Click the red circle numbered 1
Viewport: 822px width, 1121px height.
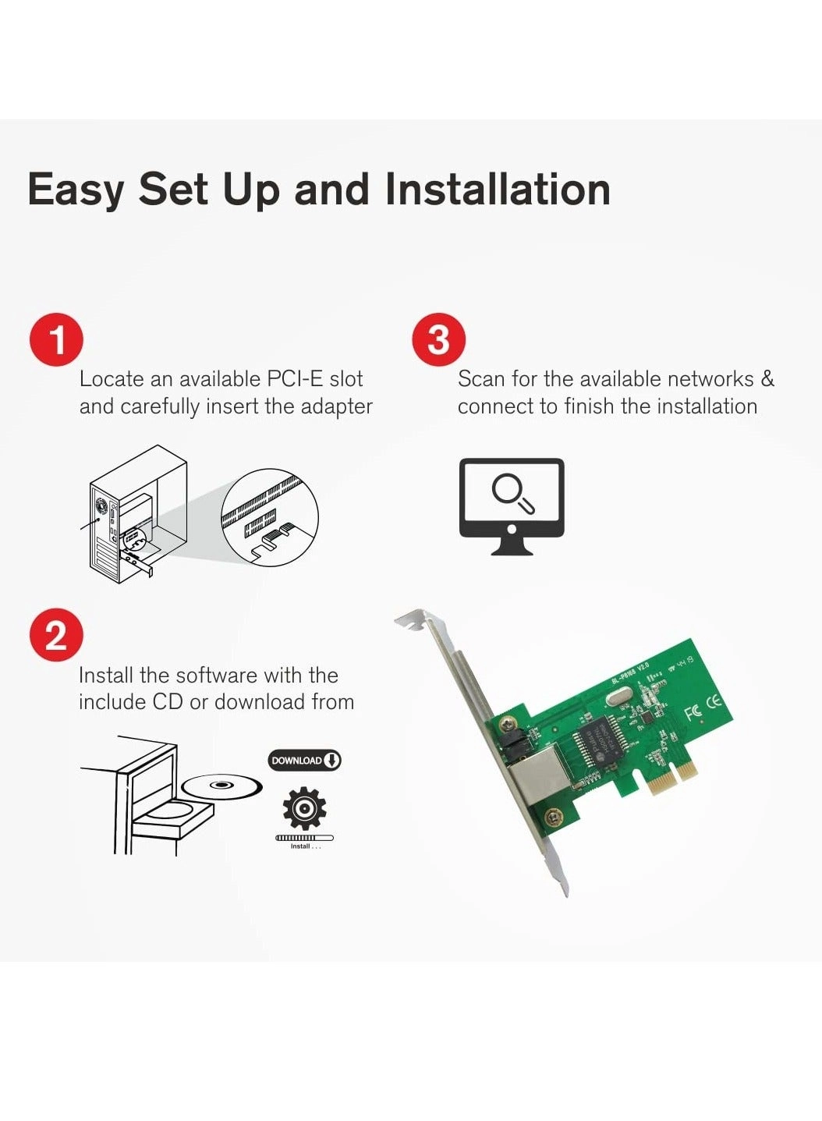click(x=56, y=340)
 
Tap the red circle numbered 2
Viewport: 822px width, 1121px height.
click(x=56, y=635)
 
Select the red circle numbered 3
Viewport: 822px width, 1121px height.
click(x=438, y=340)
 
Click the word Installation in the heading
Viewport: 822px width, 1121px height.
click(x=498, y=190)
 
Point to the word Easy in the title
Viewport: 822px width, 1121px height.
click(x=76, y=190)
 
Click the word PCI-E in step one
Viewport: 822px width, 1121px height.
click(x=295, y=379)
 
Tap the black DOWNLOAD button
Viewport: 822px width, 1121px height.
click(x=304, y=760)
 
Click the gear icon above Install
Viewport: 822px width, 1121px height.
click(x=304, y=808)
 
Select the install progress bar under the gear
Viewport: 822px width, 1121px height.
click(x=304, y=838)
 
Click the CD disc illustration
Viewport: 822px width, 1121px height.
click(x=222, y=786)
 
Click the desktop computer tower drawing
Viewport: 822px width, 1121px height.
click(x=136, y=515)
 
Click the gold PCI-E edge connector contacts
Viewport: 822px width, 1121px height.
click(x=671, y=777)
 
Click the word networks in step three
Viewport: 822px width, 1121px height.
click(x=710, y=379)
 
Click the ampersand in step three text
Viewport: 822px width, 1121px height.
click(x=767, y=379)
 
